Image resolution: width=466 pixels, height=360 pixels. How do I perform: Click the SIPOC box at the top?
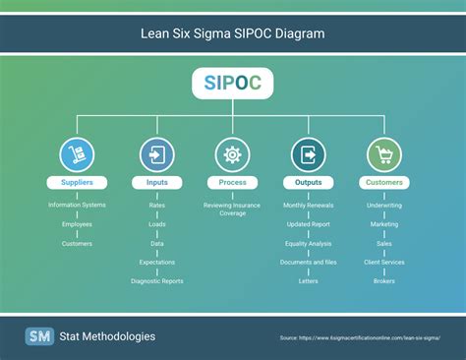pyautogui.click(x=233, y=84)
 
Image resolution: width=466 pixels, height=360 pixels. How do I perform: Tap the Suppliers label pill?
pyautogui.click(x=77, y=182)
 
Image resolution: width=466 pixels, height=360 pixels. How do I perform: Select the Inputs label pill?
pyautogui.click(x=156, y=182)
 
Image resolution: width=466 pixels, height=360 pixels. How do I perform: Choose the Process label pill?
pyautogui.click(x=233, y=182)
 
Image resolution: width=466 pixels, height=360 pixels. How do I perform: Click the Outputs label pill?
pyautogui.click(x=309, y=182)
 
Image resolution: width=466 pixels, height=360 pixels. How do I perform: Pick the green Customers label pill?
pyautogui.click(x=384, y=182)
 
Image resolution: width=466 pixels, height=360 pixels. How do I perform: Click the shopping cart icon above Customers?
pyautogui.click(x=384, y=154)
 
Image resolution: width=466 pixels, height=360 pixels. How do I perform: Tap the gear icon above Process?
pyautogui.click(x=233, y=154)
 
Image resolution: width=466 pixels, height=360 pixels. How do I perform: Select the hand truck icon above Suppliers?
pyautogui.click(x=77, y=154)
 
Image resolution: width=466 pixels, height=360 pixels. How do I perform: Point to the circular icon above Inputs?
pyautogui.click(x=156, y=154)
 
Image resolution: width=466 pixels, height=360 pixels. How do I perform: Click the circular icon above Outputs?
pyautogui.click(x=309, y=154)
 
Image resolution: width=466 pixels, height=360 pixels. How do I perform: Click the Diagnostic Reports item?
pyautogui.click(x=156, y=280)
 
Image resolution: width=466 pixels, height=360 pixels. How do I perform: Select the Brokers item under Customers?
pyautogui.click(x=384, y=280)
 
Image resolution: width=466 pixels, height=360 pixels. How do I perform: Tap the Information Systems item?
pyautogui.click(x=77, y=205)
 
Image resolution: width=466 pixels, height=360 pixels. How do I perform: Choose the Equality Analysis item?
pyautogui.click(x=309, y=243)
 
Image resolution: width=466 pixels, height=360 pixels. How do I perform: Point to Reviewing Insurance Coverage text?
pyautogui.click(x=233, y=209)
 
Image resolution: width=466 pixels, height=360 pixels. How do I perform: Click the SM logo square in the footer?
pyautogui.click(x=39, y=336)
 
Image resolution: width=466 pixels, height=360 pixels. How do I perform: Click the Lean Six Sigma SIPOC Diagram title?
pyautogui.click(x=233, y=33)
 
